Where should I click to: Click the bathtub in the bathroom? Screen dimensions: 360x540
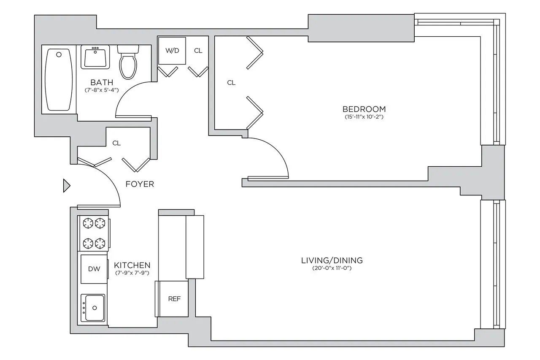coord(59,79)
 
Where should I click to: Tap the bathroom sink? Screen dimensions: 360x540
coord(95,57)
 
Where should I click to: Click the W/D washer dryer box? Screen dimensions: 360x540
coord(172,51)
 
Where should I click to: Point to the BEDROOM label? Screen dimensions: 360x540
coord(364,109)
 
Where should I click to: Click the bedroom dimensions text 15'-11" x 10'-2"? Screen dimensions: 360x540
coord(364,117)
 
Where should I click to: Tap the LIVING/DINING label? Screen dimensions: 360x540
coord(332,260)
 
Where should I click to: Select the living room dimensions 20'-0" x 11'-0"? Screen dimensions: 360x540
coord(332,268)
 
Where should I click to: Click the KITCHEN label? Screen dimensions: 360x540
coord(132,265)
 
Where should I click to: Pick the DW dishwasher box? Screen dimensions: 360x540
coord(94,269)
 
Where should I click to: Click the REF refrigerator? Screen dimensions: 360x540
coord(174,299)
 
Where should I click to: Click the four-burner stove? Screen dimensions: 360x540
coord(94,233)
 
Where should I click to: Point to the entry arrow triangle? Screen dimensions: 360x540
coord(66,186)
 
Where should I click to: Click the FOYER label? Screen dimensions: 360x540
coord(140,184)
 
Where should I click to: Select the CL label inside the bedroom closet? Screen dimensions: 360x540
coord(231,83)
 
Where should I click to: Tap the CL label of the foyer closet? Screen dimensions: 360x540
coord(116,143)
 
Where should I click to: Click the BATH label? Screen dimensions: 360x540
coord(101,82)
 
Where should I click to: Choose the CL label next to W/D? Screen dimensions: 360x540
coord(198,51)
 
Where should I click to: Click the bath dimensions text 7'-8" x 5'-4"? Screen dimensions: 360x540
coord(101,90)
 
